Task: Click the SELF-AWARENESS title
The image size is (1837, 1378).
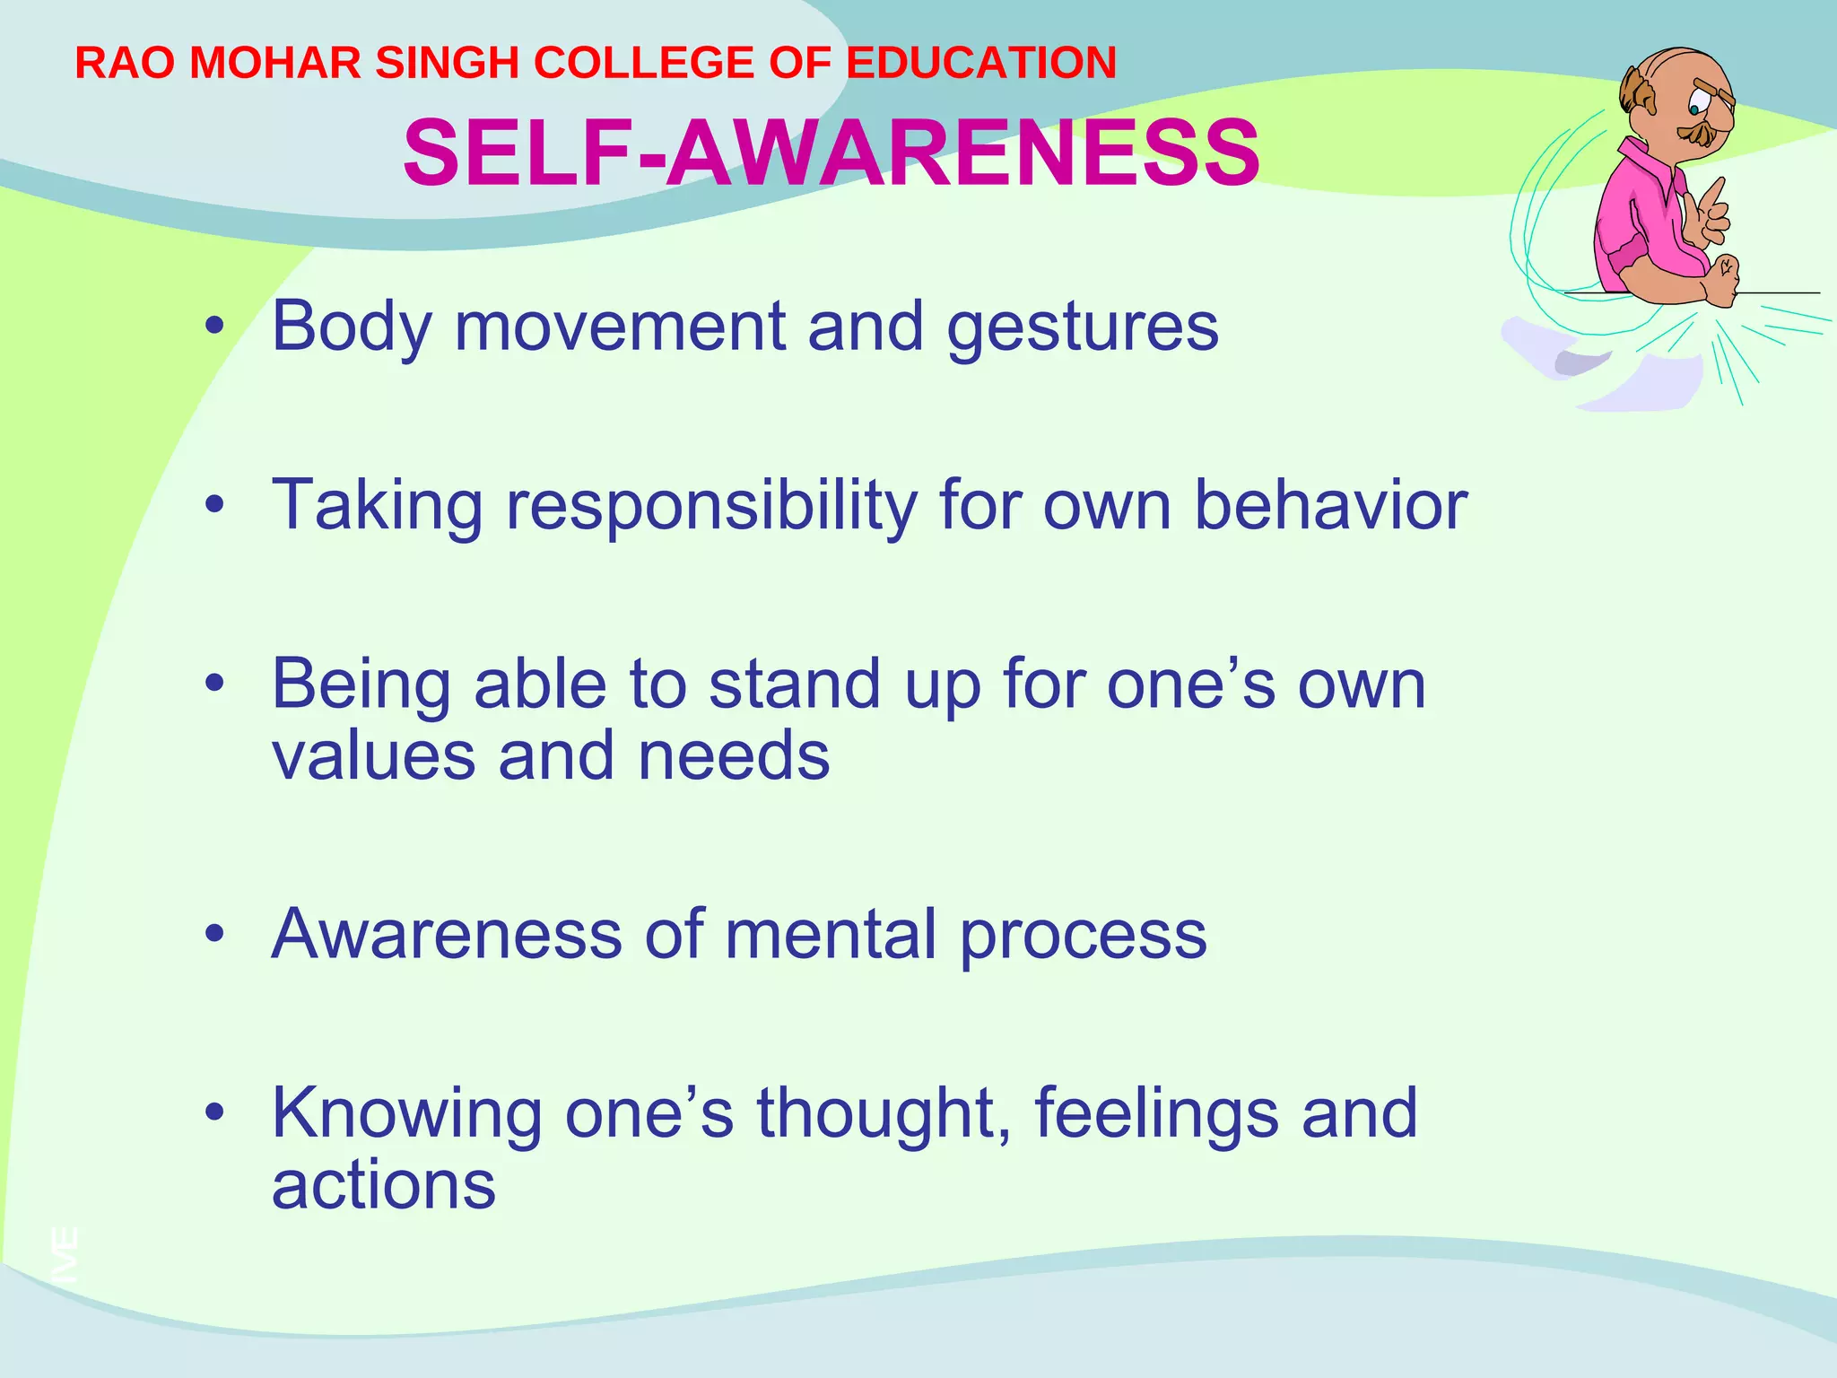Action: click(831, 153)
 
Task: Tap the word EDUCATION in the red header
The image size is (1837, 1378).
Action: click(981, 64)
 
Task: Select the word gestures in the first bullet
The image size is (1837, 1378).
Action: click(1083, 327)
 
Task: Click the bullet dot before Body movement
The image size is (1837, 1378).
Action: click(213, 327)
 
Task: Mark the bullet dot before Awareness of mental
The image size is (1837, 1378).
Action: click(213, 935)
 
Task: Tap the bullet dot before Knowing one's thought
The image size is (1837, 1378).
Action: click(213, 1113)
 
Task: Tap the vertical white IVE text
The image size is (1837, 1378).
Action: click(65, 1254)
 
